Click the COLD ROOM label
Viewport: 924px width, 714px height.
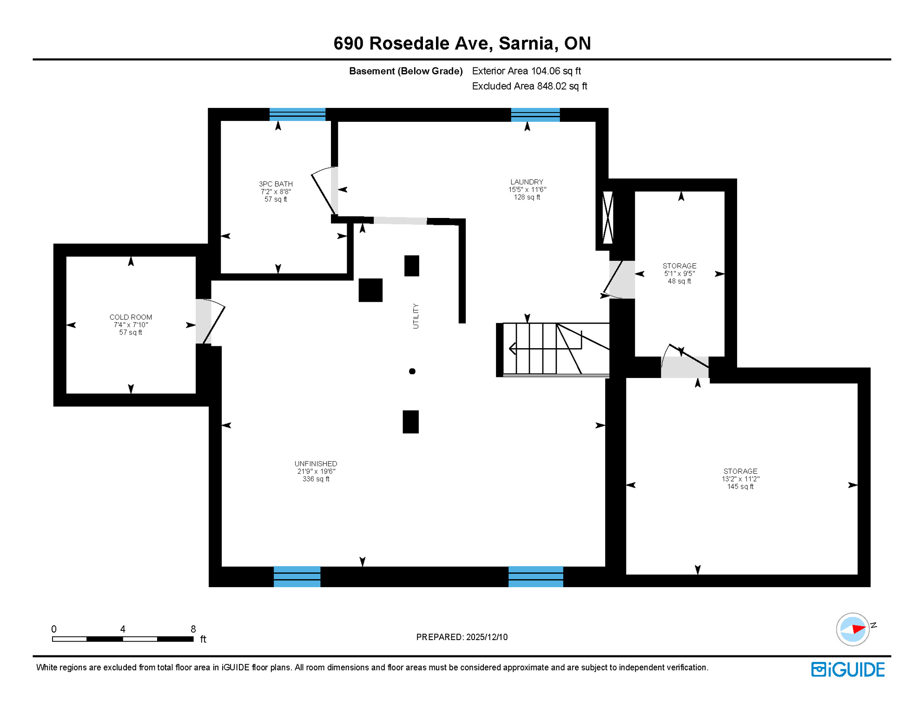point(131,317)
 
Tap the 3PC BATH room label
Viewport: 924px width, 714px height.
point(276,184)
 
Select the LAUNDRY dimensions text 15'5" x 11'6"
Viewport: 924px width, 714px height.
point(527,190)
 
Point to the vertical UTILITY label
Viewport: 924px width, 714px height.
point(416,317)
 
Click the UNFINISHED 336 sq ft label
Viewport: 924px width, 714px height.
point(316,471)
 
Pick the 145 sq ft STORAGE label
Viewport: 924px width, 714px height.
point(740,479)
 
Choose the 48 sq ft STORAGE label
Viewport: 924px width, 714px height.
point(679,273)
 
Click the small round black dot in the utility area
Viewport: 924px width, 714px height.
point(412,371)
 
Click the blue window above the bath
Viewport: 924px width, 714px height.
point(297,114)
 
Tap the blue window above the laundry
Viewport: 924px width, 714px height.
point(535,115)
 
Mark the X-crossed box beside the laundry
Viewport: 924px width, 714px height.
point(607,217)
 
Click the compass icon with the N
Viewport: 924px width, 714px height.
point(852,629)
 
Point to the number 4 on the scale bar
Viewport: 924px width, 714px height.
point(123,629)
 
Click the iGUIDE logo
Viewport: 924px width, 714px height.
point(847,670)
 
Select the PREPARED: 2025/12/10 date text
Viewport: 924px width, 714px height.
point(462,637)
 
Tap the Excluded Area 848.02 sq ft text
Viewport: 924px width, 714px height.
point(529,86)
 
